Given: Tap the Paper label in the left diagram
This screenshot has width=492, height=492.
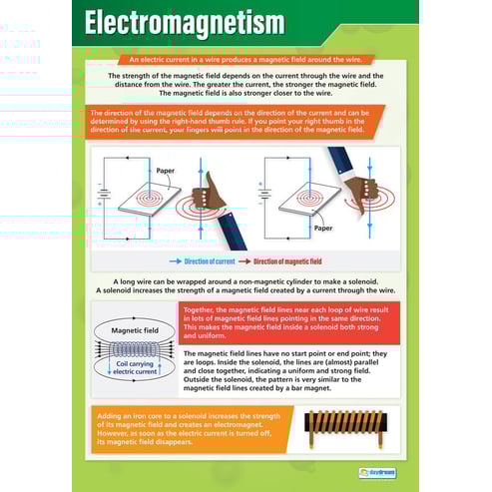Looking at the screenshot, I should coord(165,171).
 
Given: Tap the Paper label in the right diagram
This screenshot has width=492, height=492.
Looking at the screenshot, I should coord(295,228).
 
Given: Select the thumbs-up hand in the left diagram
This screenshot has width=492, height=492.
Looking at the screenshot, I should coord(211,190).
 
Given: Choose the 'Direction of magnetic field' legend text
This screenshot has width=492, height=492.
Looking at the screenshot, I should coord(287,261).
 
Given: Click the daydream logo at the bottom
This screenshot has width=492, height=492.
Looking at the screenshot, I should coord(379,473).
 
